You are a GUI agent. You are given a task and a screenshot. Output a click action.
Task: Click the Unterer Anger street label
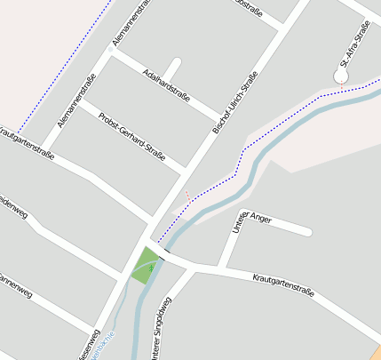250,223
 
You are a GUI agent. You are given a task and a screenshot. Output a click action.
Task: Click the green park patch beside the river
143,265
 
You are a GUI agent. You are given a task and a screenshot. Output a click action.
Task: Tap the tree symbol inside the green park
152,265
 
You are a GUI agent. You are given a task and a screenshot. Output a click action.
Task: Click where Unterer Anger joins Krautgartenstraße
222,268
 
